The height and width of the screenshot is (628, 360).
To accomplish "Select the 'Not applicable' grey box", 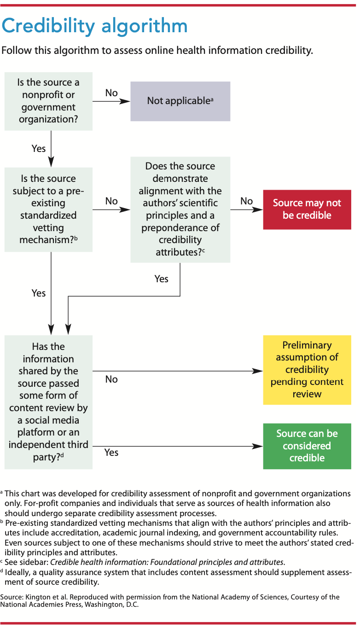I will pos(180,101).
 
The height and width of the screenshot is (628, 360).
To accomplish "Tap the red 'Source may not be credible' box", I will pos(307,209).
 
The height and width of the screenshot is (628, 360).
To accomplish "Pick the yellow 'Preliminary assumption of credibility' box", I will pos(307,370).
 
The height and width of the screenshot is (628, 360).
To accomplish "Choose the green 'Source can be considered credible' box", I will pos(307,446).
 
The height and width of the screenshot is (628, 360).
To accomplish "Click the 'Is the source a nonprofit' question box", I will pos(48,101).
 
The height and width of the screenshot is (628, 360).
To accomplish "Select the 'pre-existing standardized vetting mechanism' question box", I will pos(48,209).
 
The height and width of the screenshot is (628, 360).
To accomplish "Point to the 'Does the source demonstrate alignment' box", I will pos(180,209).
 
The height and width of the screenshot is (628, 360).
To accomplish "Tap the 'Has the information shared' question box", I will pos(48,401).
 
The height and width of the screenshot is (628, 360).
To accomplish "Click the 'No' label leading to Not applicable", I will pos(111,93).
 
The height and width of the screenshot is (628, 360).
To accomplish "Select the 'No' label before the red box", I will pos(246,201).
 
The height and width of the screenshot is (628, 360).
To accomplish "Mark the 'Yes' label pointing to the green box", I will pos(111,453).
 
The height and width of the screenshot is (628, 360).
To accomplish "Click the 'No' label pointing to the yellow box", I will pos(111,379).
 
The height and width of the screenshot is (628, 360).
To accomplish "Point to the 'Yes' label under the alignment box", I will pos(162,279).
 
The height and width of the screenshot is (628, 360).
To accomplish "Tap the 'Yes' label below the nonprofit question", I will pos(39,148).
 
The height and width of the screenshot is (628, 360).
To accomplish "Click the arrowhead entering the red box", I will pos(258,209).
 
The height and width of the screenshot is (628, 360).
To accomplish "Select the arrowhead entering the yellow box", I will pos(258,370).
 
